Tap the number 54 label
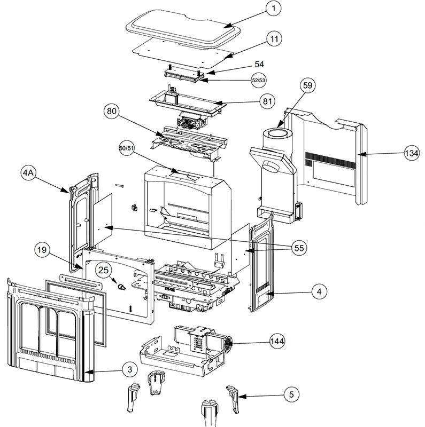click(x=259, y=64)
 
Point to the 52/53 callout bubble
click(x=258, y=80)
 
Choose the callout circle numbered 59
click(x=308, y=85)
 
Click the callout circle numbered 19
click(x=44, y=249)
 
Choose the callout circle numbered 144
click(x=277, y=340)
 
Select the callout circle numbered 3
click(x=129, y=369)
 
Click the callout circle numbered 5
click(x=291, y=394)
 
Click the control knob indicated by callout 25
click(x=122, y=288)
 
